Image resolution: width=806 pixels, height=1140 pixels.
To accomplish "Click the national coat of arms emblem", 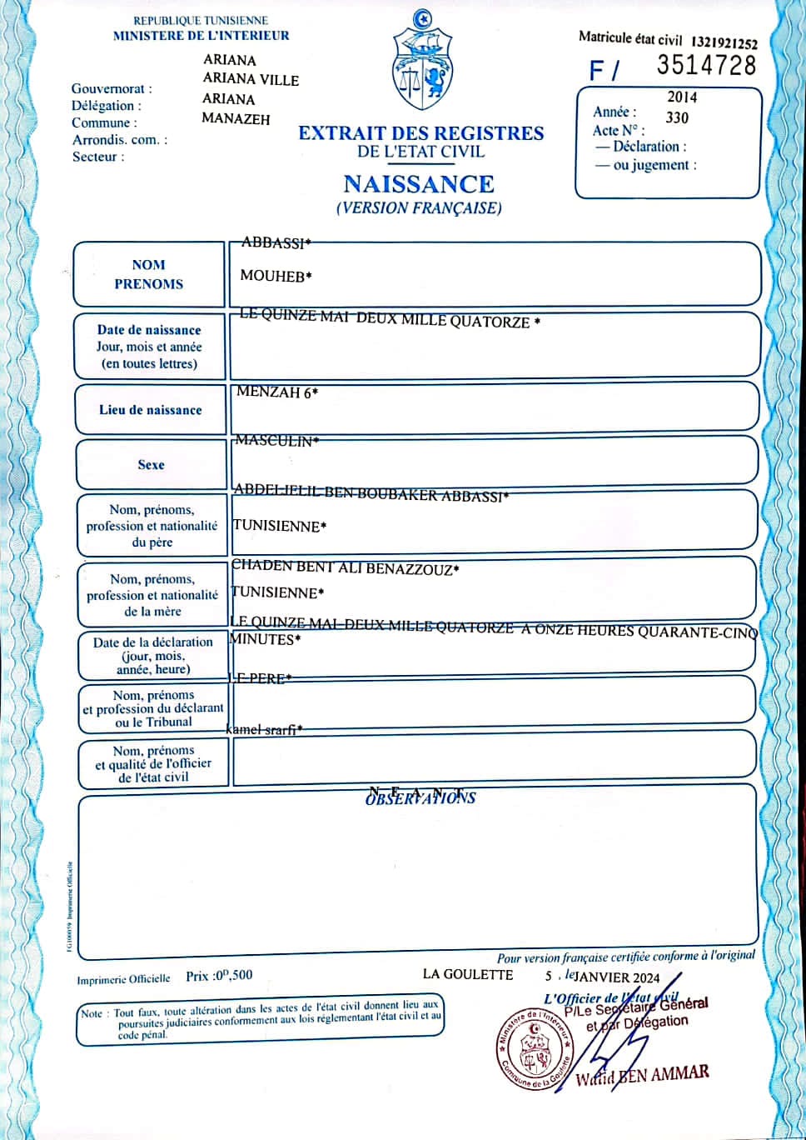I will [x=422, y=68].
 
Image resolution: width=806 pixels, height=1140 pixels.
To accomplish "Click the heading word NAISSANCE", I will [x=419, y=184].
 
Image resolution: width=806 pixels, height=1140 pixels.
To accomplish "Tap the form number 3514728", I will [x=706, y=66].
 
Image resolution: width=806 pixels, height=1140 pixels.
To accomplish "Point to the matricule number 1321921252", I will [x=724, y=43].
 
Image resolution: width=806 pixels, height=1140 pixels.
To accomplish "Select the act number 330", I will [x=677, y=117].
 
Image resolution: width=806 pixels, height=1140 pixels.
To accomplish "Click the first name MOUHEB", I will [x=276, y=276].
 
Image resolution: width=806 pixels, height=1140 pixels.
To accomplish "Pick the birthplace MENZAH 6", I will [x=277, y=392].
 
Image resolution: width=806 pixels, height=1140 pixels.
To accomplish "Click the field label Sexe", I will [x=151, y=465].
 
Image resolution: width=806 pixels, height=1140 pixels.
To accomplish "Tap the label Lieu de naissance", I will [x=151, y=410].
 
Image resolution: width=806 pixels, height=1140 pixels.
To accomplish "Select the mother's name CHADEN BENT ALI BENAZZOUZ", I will [x=345, y=568].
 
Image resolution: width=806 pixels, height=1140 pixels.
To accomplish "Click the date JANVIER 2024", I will [x=617, y=977].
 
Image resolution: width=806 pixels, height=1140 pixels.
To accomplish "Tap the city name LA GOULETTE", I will [x=468, y=974].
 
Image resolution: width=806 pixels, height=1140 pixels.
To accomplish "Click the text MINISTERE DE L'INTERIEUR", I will [x=201, y=36].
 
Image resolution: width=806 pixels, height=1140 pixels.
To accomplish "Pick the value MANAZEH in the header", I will [x=236, y=119].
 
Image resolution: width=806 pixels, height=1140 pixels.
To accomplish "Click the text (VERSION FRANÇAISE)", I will [x=419, y=208].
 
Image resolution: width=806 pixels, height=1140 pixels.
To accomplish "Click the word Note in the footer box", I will [x=92, y=1013].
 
